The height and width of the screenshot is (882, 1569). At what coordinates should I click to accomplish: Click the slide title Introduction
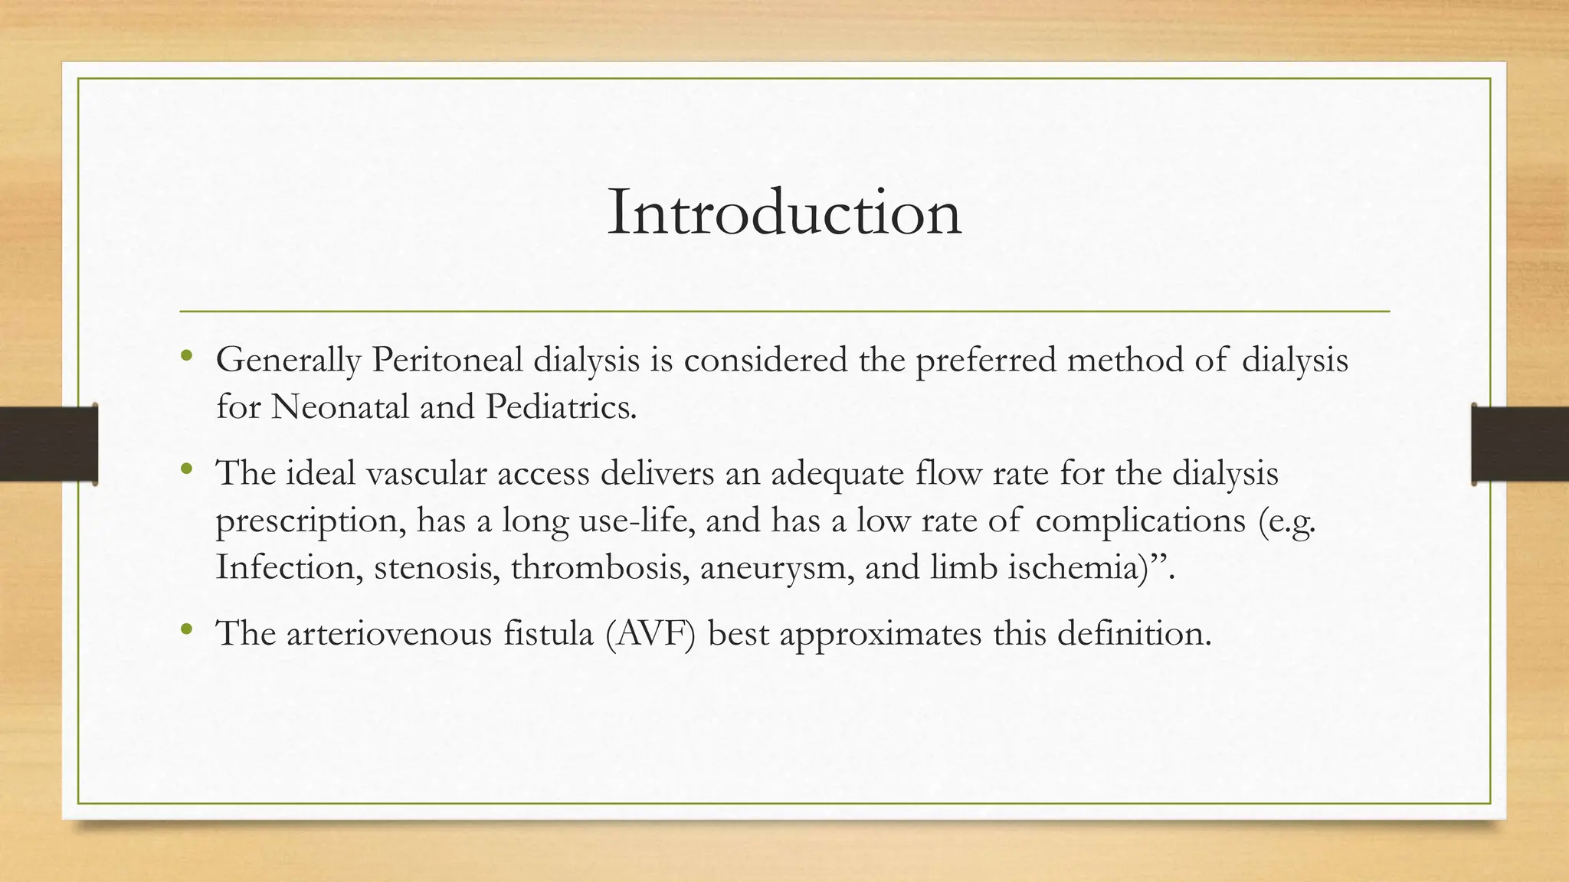point(784,213)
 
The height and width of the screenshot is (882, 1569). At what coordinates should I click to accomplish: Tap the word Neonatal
point(339,407)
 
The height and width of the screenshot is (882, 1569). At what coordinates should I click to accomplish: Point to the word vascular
point(426,473)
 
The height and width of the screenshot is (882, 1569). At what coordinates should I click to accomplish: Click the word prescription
point(310,521)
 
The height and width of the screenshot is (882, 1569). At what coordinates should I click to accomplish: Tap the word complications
point(1140,521)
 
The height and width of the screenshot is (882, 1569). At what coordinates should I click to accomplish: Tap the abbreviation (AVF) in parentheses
point(650,634)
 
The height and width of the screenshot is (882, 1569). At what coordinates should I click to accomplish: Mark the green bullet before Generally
point(186,356)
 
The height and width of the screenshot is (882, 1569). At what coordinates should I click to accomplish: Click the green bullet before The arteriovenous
point(186,630)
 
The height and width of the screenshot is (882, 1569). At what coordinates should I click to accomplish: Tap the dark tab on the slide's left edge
point(48,444)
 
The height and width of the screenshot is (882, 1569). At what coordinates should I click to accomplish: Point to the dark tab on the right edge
point(1520,444)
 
